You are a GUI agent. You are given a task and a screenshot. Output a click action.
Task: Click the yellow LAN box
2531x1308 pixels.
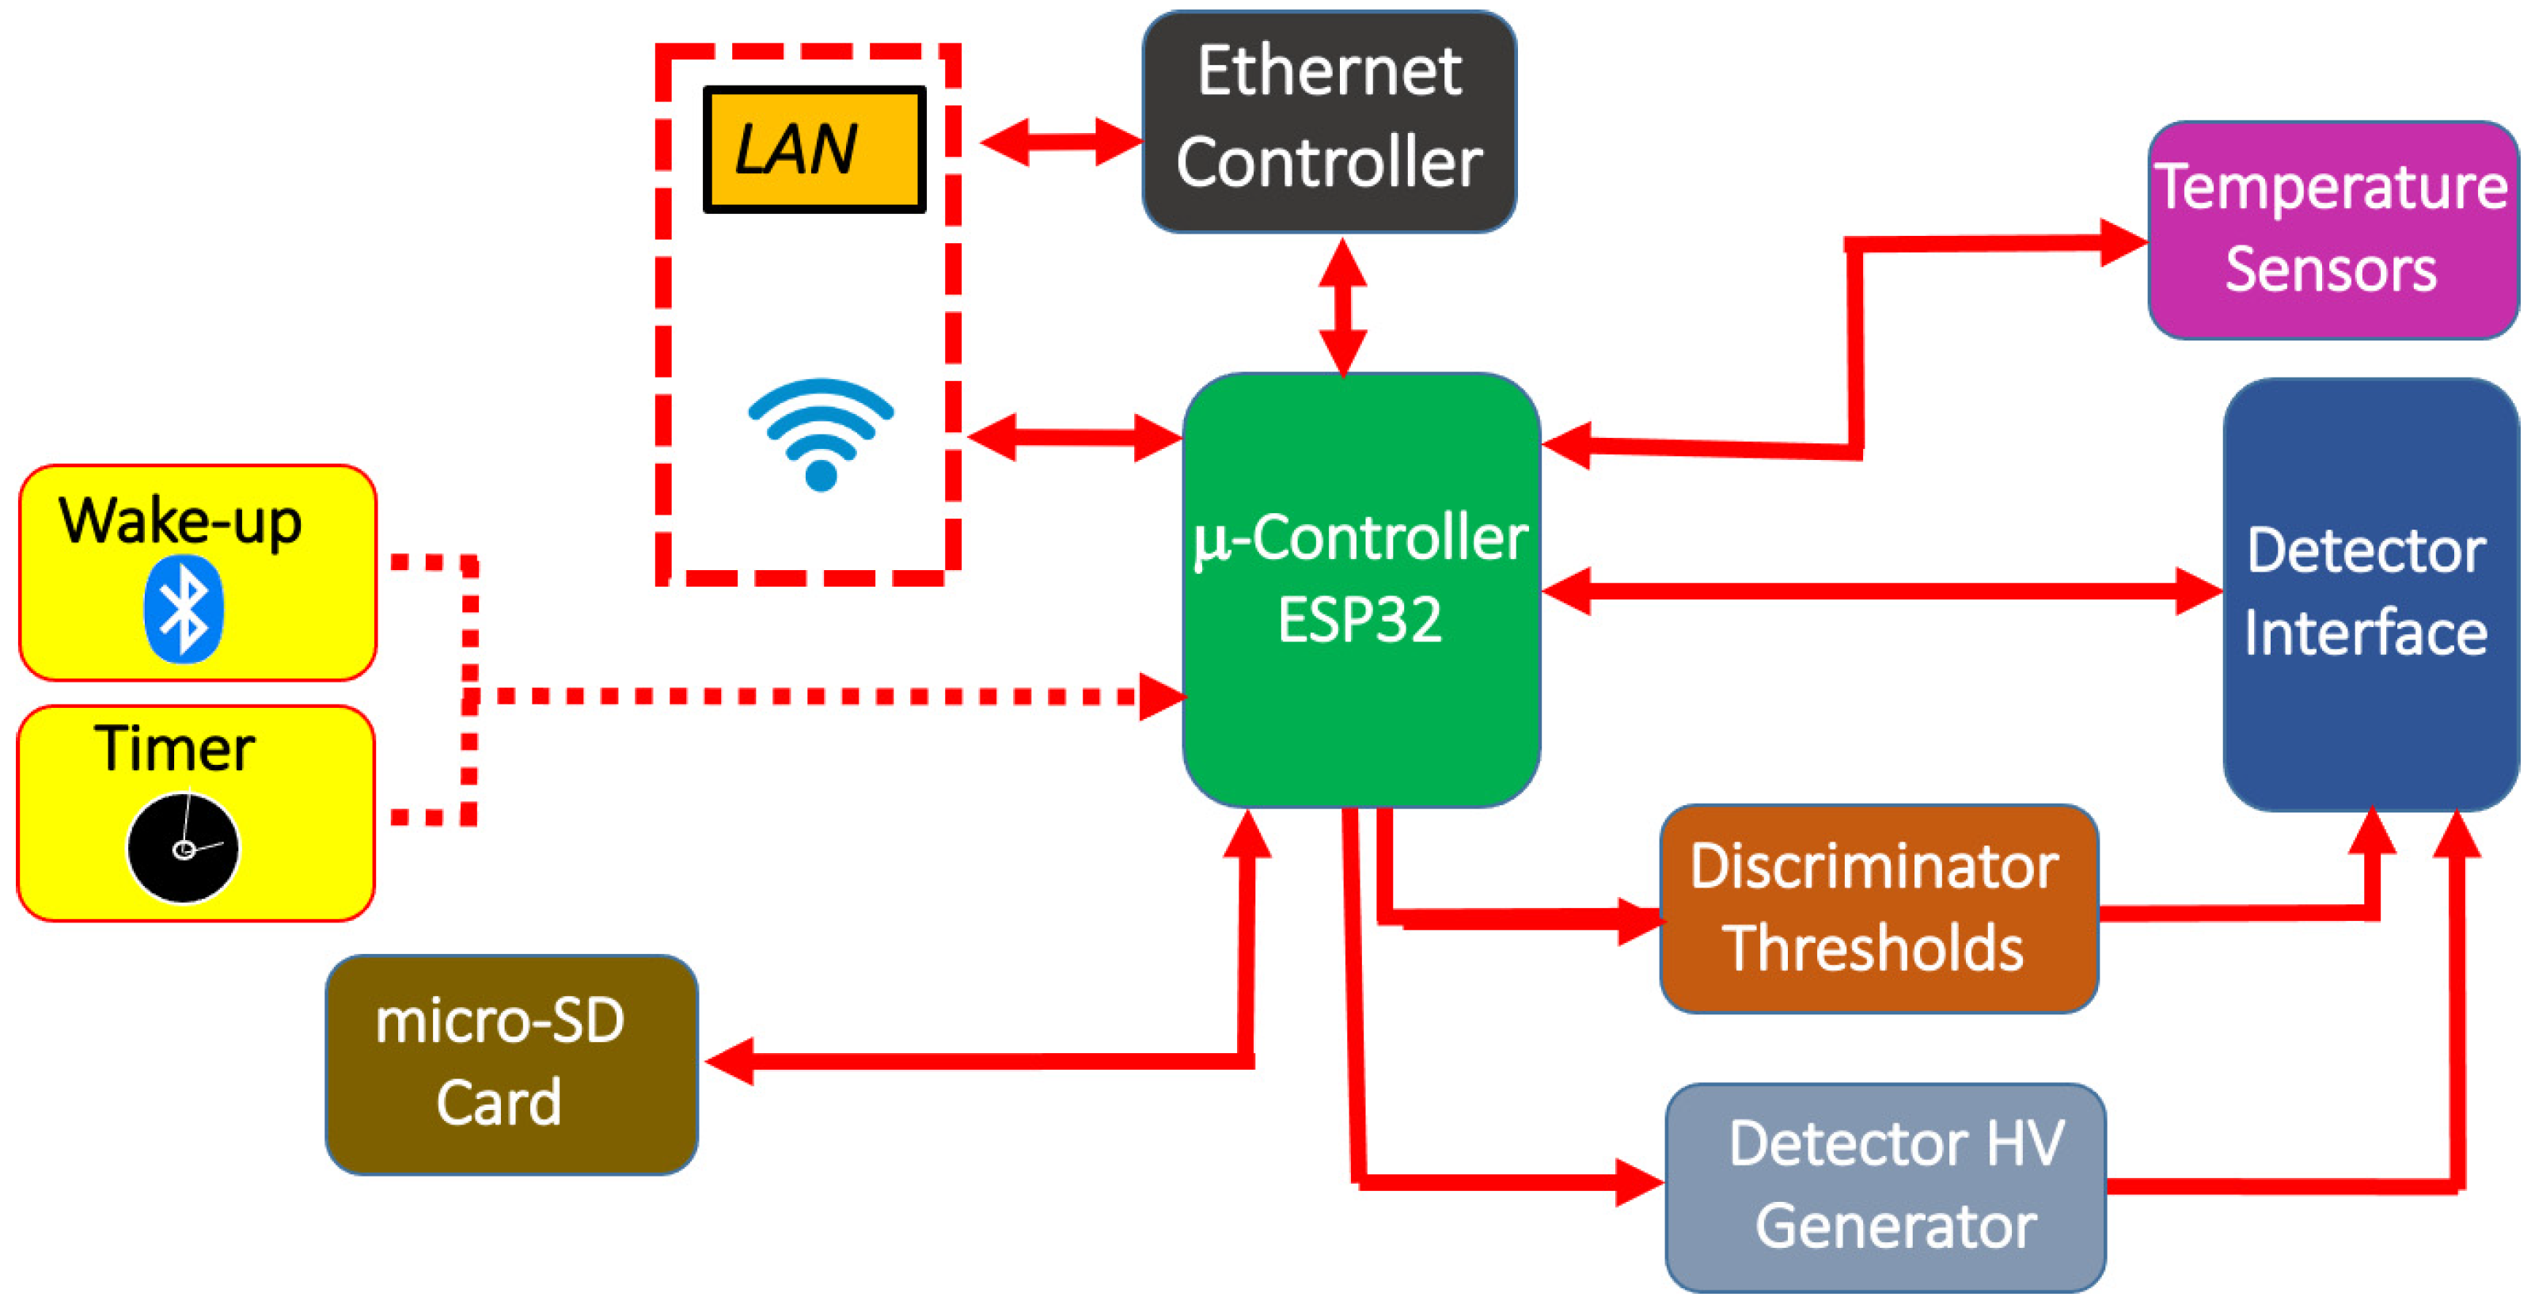pyautogui.click(x=814, y=150)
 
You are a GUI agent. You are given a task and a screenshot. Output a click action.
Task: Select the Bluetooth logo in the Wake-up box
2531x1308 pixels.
pyautogui.click(x=184, y=608)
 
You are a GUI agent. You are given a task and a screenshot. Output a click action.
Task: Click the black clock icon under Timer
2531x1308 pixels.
pyautogui.click(x=184, y=848)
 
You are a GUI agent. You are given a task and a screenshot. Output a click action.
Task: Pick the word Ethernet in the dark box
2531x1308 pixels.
pyautogui.click(x=1328, y=72)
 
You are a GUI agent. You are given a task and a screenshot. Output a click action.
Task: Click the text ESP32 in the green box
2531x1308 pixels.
pyautogui.click(x=1360, y=620)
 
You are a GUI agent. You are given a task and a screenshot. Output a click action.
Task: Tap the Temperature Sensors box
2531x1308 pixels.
pyautogui.click(x=2332, y=230)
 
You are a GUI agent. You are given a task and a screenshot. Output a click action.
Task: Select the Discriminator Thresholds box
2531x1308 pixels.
pyautogui.click(x=1877, y=908)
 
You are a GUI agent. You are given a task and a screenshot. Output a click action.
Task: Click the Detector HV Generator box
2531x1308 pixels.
pyautogui.click(x=1885, y=1186)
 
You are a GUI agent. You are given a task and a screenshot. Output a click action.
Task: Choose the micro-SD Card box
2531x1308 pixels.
pyautogui.click(x=511, y=1064)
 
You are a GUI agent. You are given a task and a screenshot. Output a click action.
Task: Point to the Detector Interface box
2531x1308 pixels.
pyautogui.click(x=2369, y=594)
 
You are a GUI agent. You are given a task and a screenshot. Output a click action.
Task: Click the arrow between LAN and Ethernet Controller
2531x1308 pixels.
pyautogui.click(x=1061, y=143)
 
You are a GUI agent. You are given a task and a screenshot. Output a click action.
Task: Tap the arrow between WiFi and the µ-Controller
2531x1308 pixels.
pyautogui.click(x=1074, y=437)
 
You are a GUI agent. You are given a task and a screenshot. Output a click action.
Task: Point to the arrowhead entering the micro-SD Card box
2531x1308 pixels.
pyautogui.click(x=729, y=1060)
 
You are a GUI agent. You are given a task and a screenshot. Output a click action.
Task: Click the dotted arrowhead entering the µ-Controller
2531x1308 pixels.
pyautogui.click(x=1161, y=696)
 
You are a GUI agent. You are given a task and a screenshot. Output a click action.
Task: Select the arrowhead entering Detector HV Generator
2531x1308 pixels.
pyautogui.click(x=1639, y=1182)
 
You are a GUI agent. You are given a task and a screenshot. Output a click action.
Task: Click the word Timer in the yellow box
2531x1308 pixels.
pyautogui.click(x=175, y=749)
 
